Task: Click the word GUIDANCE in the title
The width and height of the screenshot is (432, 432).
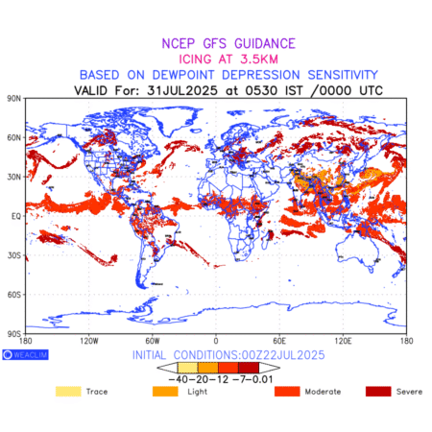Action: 265,43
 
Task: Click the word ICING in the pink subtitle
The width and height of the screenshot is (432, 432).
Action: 195,60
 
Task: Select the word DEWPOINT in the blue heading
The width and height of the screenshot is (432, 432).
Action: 183,75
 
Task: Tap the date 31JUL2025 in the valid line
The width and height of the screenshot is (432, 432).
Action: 182,90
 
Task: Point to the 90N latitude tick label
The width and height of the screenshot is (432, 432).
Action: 14,98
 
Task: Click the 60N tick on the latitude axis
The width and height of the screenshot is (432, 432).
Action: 14,137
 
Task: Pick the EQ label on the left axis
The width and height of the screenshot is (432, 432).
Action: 16,216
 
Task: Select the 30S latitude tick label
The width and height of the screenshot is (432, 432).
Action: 14,255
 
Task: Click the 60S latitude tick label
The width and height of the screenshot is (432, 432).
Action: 14,295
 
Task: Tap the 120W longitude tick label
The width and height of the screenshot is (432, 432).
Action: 89,341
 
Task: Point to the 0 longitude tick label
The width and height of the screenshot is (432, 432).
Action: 216,341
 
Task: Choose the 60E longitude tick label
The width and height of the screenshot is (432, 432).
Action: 279,341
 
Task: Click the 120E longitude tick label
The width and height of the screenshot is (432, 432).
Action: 343,341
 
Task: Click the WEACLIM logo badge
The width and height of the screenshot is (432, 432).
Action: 25,354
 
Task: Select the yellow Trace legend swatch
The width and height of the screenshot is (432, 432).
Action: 68,392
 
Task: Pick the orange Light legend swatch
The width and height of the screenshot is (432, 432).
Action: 165,392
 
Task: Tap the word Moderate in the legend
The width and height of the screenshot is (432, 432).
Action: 323,392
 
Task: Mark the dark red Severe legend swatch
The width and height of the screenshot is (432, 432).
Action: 378,392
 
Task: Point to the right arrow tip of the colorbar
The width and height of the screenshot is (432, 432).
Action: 279,368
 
